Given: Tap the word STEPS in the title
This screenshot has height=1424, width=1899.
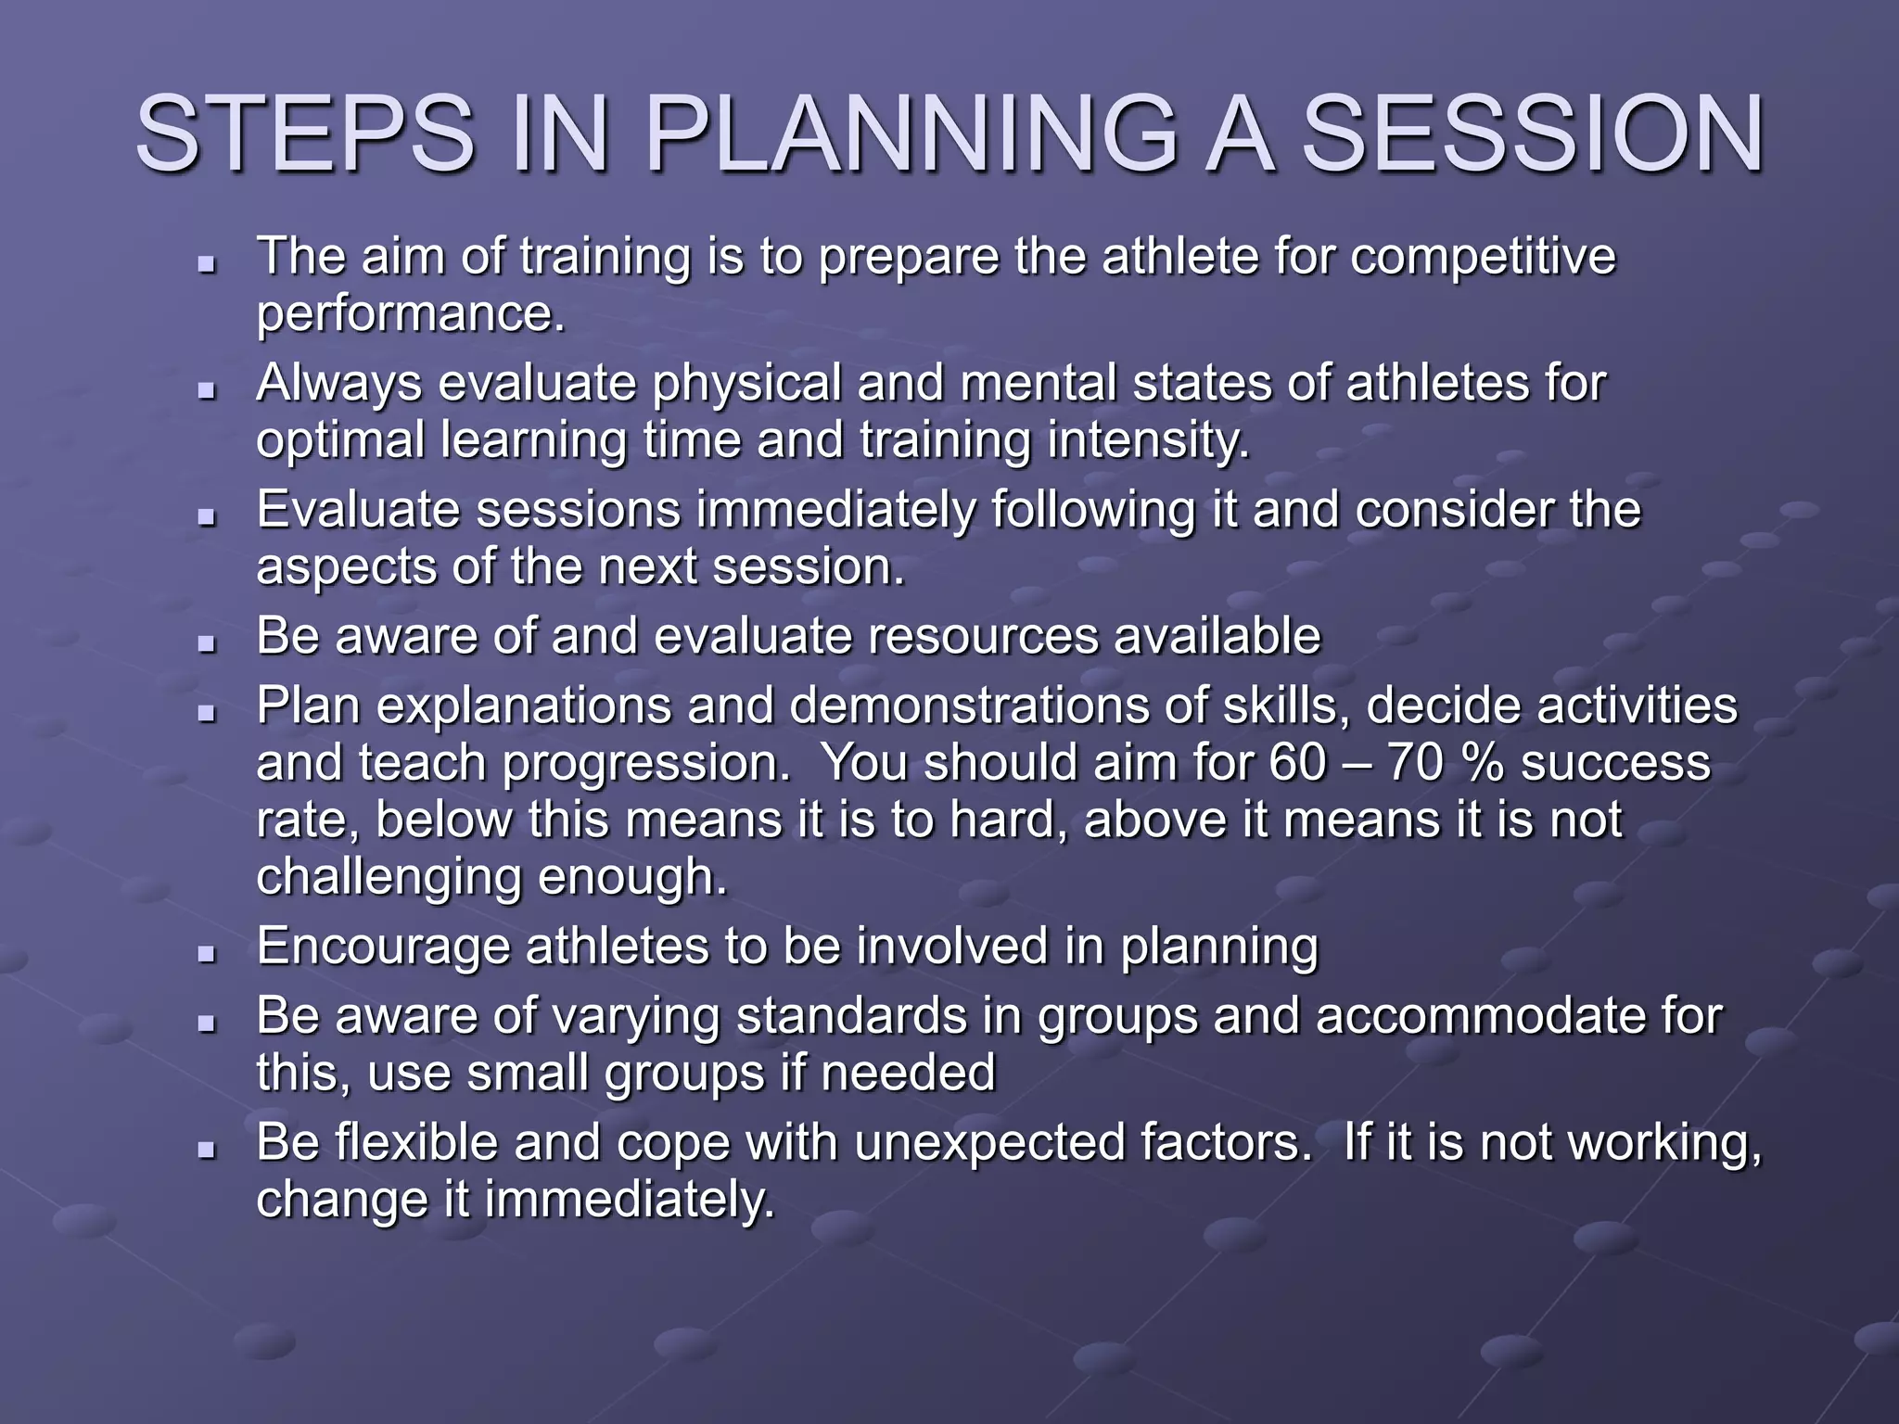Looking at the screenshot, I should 306,135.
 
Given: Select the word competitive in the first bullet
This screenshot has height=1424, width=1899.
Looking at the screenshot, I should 1483,257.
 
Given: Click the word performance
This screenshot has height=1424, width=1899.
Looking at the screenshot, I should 410,315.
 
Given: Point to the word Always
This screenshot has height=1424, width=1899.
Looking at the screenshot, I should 338,384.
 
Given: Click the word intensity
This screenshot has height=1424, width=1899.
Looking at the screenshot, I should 1148,441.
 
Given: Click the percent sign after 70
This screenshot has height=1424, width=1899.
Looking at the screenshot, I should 1482,764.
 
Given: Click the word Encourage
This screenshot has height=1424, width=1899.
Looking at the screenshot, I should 383,947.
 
